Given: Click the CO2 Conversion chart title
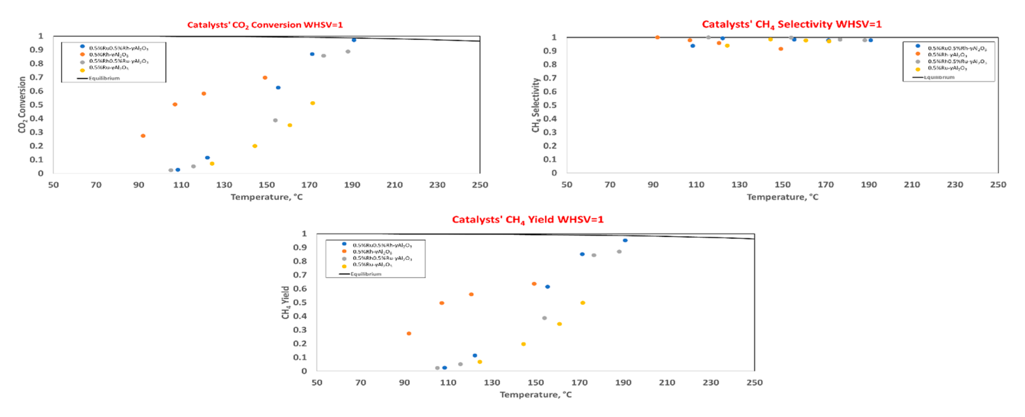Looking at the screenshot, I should pyautogui.click(x=265, y=25).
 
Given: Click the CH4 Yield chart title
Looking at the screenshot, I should pyautogui.click(x=527, y=219).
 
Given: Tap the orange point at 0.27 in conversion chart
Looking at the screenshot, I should pyautogui.click(x=143, y=136).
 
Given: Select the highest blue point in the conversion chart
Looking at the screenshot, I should pyautogui.click(x=354, y=40).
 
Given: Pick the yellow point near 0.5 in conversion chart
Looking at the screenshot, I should pyautogui.click(x=312, y=103).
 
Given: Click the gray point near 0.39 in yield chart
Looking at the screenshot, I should pyautogui.click(x=544, y=318).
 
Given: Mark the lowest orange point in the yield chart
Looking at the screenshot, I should pyautogui.click(x=409, y=334).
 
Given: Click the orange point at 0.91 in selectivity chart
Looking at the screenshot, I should pyautogui.click(x=781, y=49).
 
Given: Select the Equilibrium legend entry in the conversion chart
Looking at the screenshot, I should pyautogui.click(x=103, y=78).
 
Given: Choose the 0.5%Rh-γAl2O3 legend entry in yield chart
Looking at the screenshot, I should pyautogui.click(x=372, y=252).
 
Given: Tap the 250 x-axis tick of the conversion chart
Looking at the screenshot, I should pyautogui.click(x=479, y=185).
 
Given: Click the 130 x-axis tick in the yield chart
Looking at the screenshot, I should pyautogui.click(x=491, y=382).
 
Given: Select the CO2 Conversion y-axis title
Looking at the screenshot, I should pyautogui.click(x=22, y=105).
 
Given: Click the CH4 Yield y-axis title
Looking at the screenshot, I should pyautogui.click(x=285, y=302).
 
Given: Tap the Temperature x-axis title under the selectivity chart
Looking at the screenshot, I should pyautogui.click(x=782, y=197).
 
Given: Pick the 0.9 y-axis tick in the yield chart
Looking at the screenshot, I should pyautogui.click(x=300, y=247).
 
